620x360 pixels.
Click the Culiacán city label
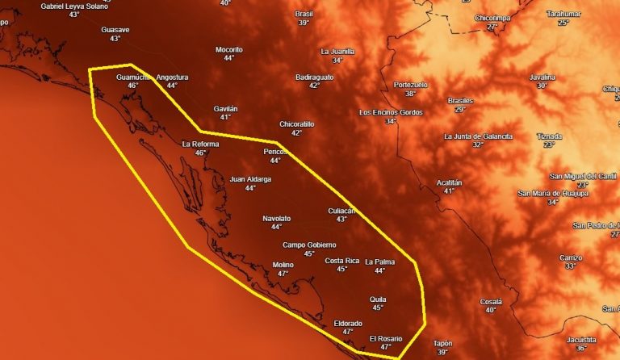tap(341, 211)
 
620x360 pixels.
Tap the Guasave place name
tap(115, 30)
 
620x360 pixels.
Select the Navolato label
tap(277, 219)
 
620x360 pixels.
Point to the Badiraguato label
tap(314, 77)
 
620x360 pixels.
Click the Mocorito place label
tap(229, 49)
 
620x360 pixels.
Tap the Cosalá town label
tap(491, 301)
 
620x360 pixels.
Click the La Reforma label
tap(201, 144)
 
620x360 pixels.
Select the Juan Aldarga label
tap(250, 179)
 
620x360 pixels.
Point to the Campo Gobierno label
tap(309, 245)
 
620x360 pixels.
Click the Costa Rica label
tap(341, 261)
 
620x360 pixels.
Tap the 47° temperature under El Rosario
tap(385, 347)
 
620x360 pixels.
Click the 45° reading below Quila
tap(378, 308)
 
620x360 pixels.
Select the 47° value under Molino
tap(283, 274)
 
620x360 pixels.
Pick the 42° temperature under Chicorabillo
tap(296, 133)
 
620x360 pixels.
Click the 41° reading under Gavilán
tap(225, 117)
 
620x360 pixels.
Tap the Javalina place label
tap(542, 77)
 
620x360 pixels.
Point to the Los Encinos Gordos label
tap(391, 112)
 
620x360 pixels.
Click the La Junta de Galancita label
tap(478, 136)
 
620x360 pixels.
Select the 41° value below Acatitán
tap(449, 191)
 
